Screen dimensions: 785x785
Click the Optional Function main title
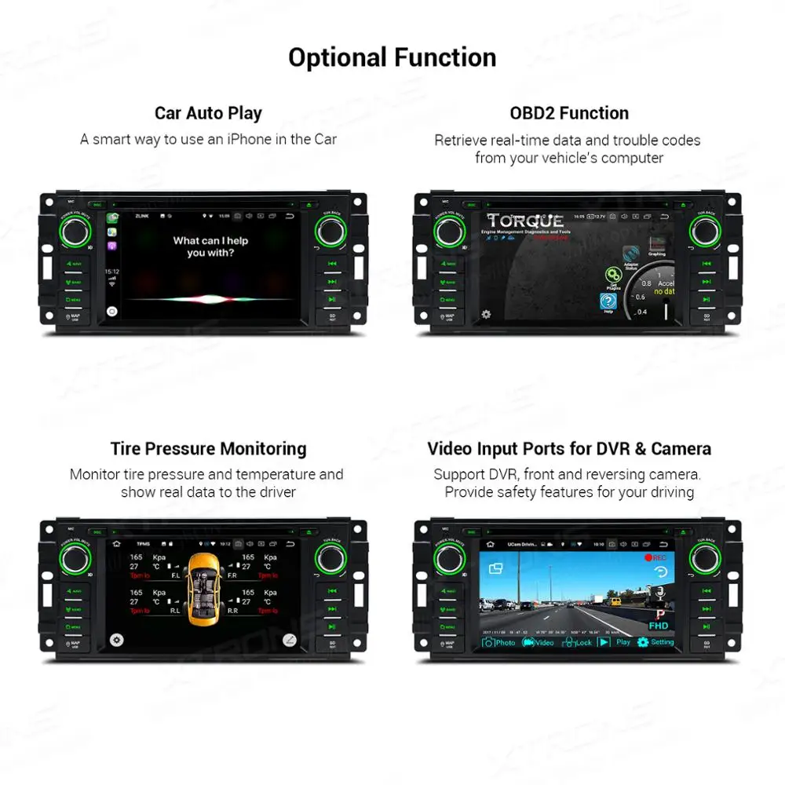[392, 57]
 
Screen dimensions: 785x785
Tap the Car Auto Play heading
[208, 112]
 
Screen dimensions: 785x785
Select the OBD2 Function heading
[569, 112]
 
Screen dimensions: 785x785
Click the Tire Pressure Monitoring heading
[208, 448]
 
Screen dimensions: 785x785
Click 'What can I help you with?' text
[210, 246]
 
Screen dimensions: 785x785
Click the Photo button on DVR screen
[499, 642]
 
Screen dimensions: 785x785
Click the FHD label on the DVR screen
[659, 626]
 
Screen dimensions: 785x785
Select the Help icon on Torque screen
[608, 303]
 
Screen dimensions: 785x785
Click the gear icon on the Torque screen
[486, 314]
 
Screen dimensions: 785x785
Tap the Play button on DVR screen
[615, 642]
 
